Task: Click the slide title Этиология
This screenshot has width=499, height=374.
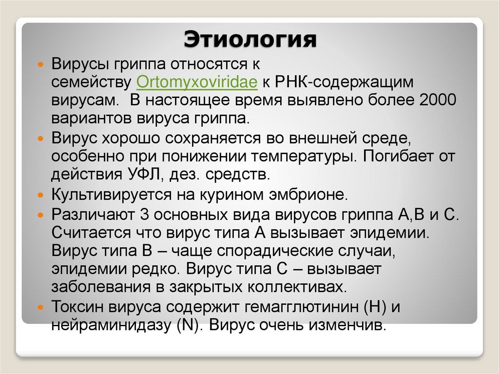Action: [x=249, y=39]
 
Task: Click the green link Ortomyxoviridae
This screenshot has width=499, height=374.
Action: [x=197, y=81]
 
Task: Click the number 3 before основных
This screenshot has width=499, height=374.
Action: [x=143, y=214]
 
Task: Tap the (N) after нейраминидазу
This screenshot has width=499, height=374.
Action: [x=188, y=325]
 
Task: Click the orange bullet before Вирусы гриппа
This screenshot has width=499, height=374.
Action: [x=41, y=64]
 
